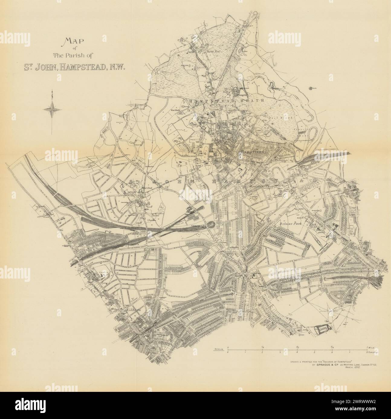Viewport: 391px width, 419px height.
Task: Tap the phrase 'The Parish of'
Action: (69, 55)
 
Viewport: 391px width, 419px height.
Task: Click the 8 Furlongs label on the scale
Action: (372, 352)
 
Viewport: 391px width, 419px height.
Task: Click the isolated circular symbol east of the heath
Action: (311, 88)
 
